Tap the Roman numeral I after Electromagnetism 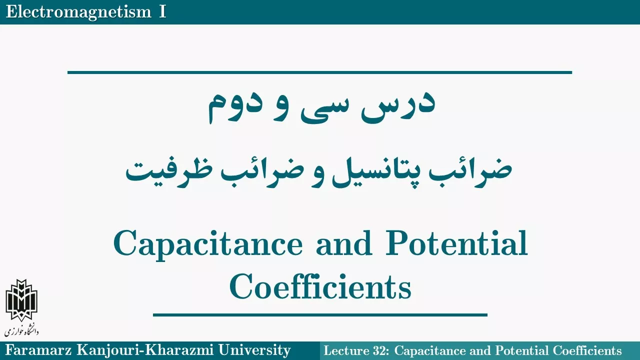point(162,12)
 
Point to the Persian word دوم point(234,108)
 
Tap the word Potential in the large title point(456,243)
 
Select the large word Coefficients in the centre point(320,285)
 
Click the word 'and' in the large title point(344,243)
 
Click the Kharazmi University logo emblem point(21,300)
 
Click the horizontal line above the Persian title point(319,72)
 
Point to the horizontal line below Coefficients point(320,315)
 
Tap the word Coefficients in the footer point(587,350)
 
